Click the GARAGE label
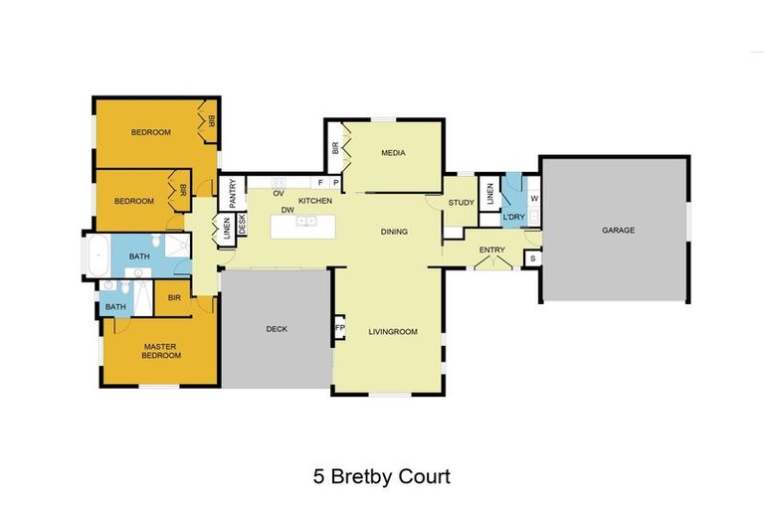click(618, 230)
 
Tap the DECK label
click(277, 330)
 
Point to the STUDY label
click(461, 203)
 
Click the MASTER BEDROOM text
click(159, 351)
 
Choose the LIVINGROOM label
click(391, 331)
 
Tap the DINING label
click(394, 232)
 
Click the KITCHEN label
click(315, 202)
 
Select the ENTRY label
click(491, 250)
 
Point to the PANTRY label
click(232, 190)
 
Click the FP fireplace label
click(339, 328)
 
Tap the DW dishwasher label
click(286, 210)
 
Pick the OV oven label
click(280, 193)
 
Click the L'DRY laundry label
click(513, 217)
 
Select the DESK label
click(241, 223)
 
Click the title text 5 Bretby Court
click(382, 476)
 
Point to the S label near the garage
click(532, 259)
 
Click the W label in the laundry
click(533, 198)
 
